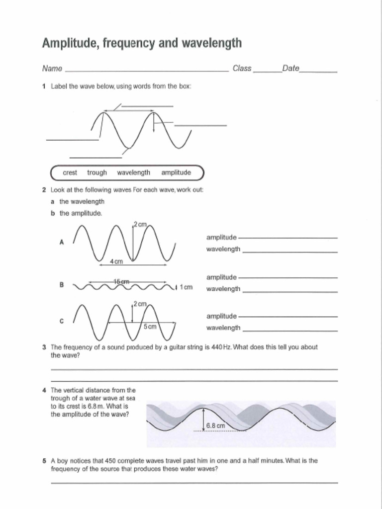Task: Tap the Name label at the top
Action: (x=52, y=69)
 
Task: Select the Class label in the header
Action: (x=242, y=69)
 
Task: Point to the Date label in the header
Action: (x=290, y=69)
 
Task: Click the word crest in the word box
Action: (x=70, y=172)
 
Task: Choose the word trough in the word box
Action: (x=97, y=172)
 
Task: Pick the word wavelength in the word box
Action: (x=133, y=172)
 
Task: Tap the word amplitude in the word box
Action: (x=176, y=172)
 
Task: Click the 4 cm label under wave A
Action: (x=116, y=261)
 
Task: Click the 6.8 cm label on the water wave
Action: (x=215, y=426)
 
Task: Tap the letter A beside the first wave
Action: (x=62, y=242)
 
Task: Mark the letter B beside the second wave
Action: (x=62, y=285)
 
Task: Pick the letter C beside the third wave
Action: (x=62, y=322)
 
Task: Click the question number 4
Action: (x=44, y=390)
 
